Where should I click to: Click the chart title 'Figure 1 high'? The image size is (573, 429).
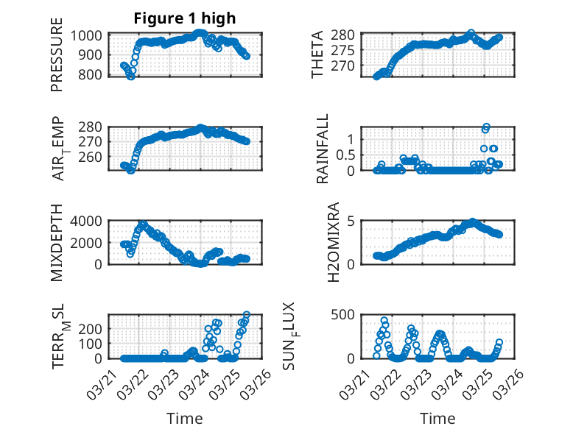point(185,18)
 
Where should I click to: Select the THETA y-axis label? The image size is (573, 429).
point(317,54)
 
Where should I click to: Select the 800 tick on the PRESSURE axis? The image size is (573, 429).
point(94,74)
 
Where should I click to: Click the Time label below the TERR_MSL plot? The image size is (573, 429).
point(185,418)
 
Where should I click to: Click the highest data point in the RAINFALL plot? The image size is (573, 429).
point(486,127)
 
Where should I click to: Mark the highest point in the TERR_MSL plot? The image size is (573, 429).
point(246,315)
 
